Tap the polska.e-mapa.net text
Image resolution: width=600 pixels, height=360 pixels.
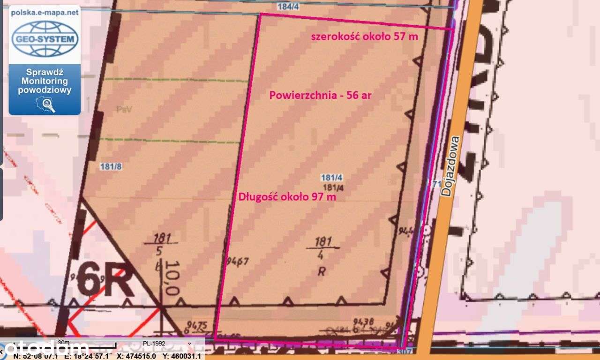(x=45, y=13)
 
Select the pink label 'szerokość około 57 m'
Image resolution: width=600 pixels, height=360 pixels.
(x=364, y=37)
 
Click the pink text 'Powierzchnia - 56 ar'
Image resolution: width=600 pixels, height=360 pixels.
(x=321, y=95)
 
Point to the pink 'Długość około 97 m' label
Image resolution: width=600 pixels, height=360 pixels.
(x=287, y=197)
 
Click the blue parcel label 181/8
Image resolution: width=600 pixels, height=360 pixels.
(x=111, y=166)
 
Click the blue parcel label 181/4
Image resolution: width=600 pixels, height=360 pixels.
(x=332, y=178)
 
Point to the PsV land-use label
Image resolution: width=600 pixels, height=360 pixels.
(x=122, y=109)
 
